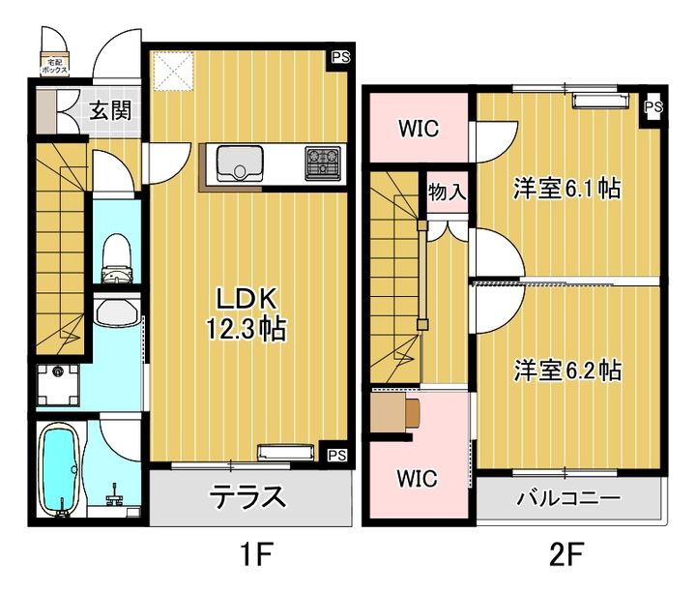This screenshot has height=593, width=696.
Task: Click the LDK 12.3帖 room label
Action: (x=244, y=312)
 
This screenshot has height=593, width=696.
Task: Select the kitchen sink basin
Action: (x=236, y=163)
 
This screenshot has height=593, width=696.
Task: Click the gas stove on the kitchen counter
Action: (x=324, y=163)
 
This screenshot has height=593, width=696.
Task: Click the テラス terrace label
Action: (x=247, y=498)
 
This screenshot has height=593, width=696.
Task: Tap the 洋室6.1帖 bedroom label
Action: (x=566, y=189)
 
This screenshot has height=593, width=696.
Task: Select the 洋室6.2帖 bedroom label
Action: (x=566, y=370)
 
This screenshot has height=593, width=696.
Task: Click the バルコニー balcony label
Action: (x=567, y=500)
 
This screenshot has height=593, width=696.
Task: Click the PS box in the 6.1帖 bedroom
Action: (x=653, y=106)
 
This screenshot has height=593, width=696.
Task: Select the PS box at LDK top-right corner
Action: (x=340, y=57)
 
